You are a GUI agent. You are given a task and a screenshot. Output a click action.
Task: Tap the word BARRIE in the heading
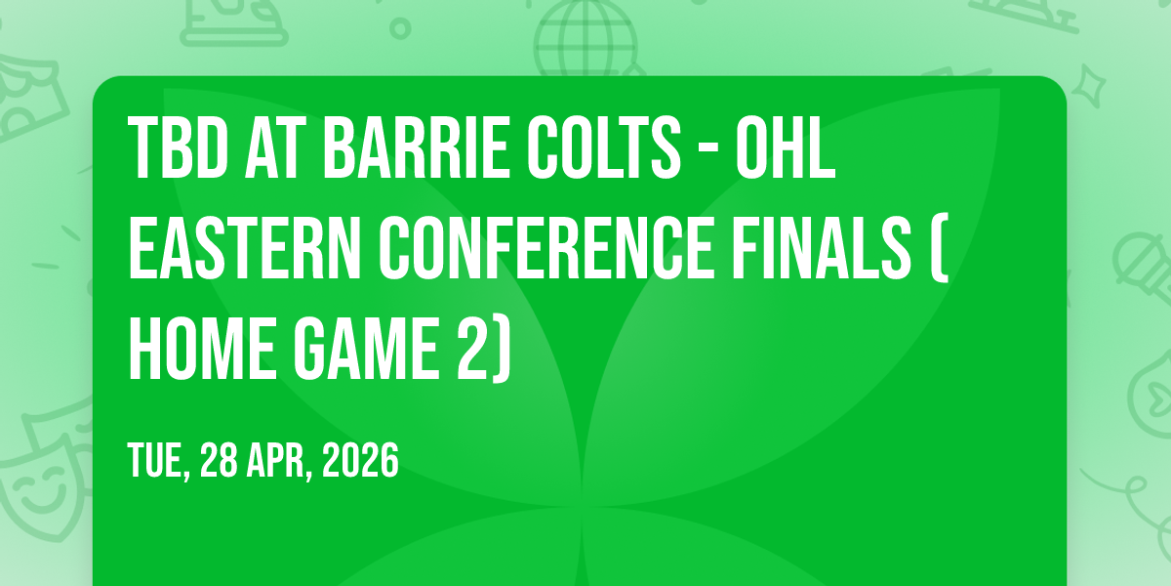(417, 148)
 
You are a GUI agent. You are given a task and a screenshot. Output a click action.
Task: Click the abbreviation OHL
(786, 148)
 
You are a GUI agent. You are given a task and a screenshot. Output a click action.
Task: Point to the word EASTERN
(245, 248)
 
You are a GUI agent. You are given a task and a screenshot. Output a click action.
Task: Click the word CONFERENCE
(546, 248)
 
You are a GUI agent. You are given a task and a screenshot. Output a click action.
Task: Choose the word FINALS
(822, 248)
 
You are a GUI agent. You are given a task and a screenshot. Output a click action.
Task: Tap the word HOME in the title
(202, 349)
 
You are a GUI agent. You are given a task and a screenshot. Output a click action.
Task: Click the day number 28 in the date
(219, 459)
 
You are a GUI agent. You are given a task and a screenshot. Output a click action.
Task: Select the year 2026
(360, 459)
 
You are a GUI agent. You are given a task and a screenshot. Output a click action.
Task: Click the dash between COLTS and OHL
(708, 151)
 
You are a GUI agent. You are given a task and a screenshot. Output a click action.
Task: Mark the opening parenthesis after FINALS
(940, 248)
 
